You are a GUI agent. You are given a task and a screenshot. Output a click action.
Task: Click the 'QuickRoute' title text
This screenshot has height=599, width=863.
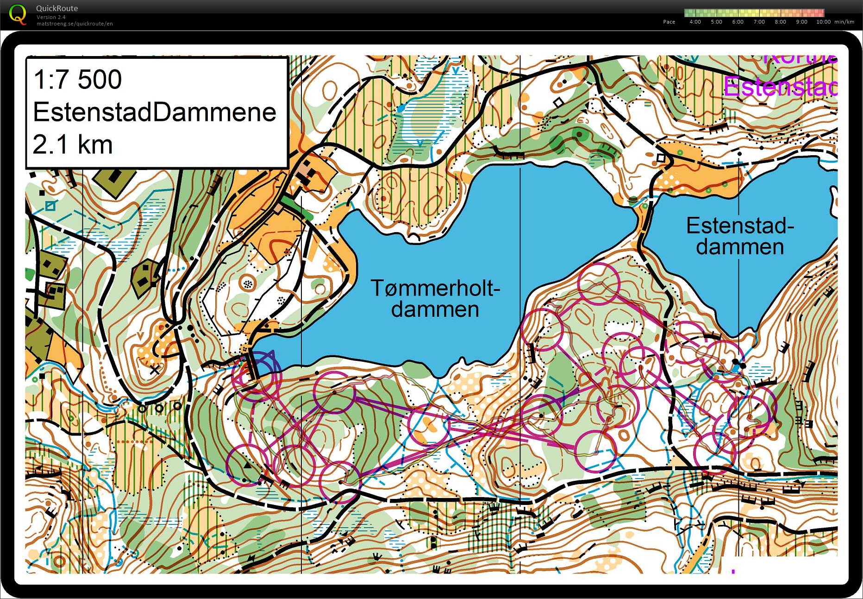[57, 8]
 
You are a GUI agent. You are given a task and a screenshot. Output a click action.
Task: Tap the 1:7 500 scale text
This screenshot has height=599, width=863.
[78, 79]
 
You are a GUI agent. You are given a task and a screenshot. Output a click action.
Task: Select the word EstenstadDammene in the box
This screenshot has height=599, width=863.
[155, 112]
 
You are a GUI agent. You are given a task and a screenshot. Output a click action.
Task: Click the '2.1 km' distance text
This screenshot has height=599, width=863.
[73, 144]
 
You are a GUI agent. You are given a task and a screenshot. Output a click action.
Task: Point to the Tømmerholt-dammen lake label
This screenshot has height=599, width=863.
[435, 299]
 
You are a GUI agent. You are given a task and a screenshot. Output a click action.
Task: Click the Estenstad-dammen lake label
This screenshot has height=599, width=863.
[739, 236]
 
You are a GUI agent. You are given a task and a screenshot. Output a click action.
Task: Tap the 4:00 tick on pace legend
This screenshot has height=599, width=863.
[695, 22]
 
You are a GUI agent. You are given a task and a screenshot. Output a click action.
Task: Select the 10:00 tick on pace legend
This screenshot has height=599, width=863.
[823, 22]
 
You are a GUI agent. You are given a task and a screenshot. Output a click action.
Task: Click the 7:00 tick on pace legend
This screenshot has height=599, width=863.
[759, 22]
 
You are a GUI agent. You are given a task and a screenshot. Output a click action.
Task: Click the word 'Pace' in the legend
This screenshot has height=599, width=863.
[669, 22]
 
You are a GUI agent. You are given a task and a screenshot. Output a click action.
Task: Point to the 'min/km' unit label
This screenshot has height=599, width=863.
[844, 22]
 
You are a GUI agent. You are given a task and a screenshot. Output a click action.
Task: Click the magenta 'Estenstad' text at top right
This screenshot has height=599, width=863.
[781, 87]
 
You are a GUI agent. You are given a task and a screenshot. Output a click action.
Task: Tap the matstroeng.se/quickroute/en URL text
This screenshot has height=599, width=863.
[75, 24]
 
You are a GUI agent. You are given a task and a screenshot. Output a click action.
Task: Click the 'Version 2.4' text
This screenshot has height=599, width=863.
[51, 17]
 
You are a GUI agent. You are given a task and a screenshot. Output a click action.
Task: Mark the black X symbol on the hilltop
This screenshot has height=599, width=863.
[155, 370]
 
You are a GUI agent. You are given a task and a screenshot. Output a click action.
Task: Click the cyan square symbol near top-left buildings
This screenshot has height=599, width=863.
[50, 205]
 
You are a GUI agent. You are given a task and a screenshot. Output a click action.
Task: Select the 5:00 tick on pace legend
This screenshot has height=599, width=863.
[716, 22]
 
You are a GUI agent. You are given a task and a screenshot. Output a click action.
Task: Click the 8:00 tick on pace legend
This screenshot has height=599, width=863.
[780, 22]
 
